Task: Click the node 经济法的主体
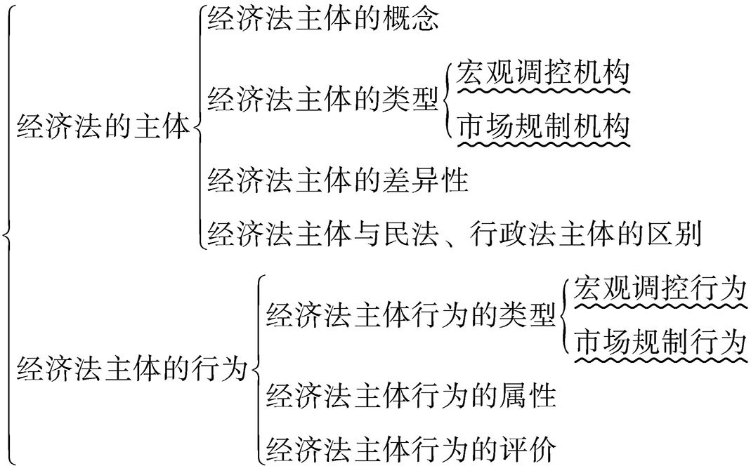point(103,128)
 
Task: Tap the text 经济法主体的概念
point(323,21)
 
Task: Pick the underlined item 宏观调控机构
point(542,73)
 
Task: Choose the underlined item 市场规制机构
point(542,126)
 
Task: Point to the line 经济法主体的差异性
point(337,181)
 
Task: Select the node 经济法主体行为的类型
point(411,316)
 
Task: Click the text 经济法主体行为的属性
point(411,397)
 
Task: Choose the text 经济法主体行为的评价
point(411,448)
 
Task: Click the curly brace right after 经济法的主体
point(198,128)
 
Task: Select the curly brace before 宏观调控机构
point(450,100)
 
